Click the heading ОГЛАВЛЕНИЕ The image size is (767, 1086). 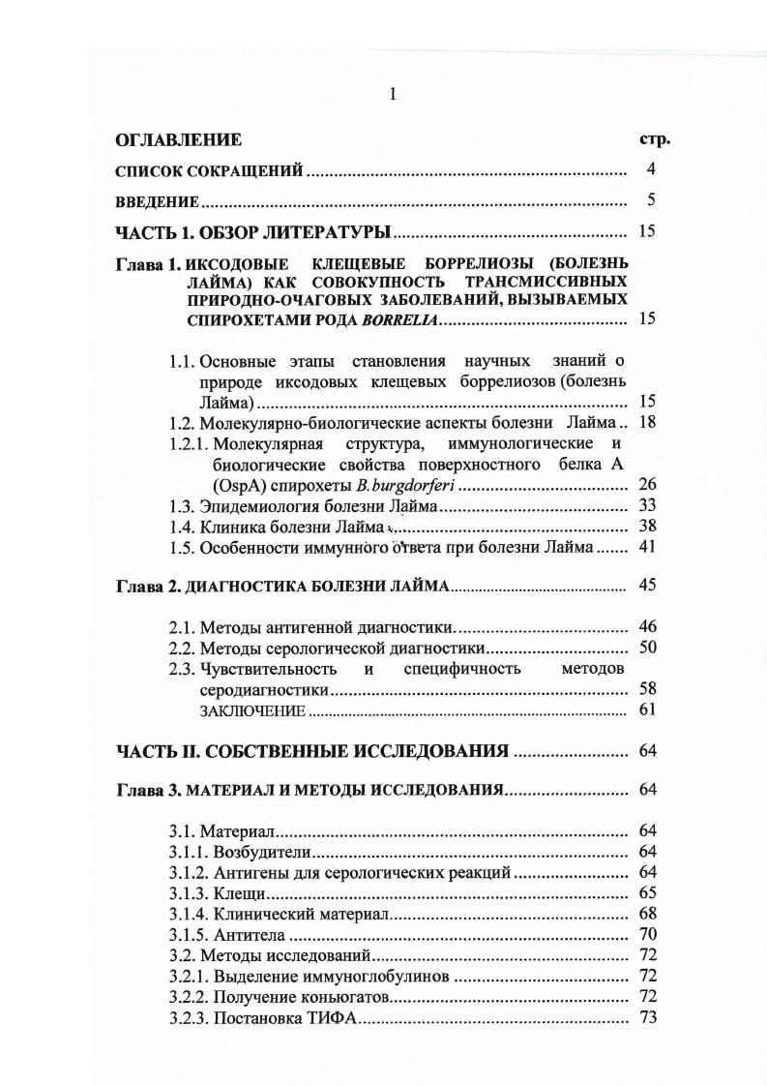coord(178,140)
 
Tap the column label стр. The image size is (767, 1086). coord(654,138)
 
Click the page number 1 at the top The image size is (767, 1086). coord(392,94)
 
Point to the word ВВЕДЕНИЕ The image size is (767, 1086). coord(157,201)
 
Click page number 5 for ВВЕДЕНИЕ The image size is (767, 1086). coord(651,200)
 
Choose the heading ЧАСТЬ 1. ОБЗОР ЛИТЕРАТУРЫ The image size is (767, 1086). coord(252,232)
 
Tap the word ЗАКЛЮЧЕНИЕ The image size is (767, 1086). coord(251,710)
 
